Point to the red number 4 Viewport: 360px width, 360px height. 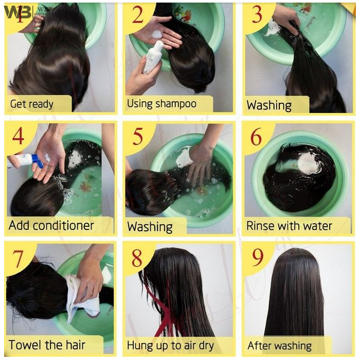tap(19, 136)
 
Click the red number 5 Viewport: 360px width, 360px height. tap(138, 137)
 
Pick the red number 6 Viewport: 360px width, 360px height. tap(256, 137)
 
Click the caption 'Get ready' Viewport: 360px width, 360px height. tap(32, 104)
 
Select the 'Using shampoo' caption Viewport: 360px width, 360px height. tap(161, 104)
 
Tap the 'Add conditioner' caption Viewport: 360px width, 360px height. tap(51, 225)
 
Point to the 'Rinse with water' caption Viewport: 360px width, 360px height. tap(289, 226)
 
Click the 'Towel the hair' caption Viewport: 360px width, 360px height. tap(47, 345)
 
